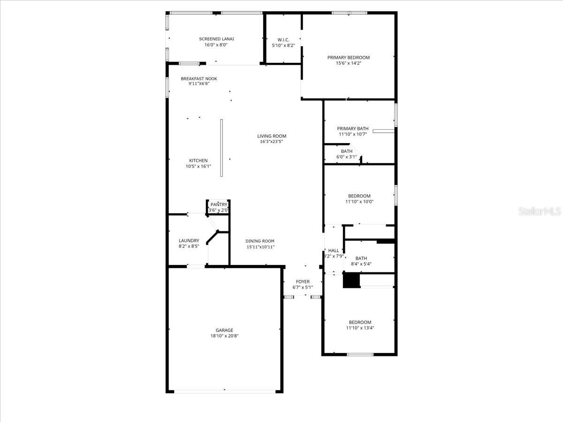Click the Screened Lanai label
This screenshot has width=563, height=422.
pyautogui.click(x=216, y=39)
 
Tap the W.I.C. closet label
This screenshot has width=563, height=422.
pyautogui.click(x=283, y=39)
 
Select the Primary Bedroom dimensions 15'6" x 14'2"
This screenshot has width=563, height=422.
pyautogui.click(x=348, y=63)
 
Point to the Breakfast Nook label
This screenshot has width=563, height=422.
pyautogui.click(x=199, y=79)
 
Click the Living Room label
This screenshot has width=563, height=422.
pyautogui.click(x=272, y=136)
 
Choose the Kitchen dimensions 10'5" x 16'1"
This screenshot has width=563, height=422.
pyautogui.click(x=198, y=166)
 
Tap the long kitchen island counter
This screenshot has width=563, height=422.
pyautogui.click(x=221, y=148)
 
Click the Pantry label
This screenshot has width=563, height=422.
pyautogui.click(x=219, y=204)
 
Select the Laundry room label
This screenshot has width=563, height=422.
pyautogui.click(x=189, y=241)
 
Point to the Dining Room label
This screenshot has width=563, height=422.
pyautogui.click(x=260, y=241)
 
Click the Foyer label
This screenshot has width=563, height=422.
pyautogui.click(x=303, y=282)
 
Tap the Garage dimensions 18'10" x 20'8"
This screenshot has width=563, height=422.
pyautogui.click(x=224, y=336)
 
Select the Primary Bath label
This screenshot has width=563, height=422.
pyautogui.click(x=353, y=128)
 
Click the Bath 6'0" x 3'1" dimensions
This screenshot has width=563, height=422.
pyautogui.click(x=347, y=157)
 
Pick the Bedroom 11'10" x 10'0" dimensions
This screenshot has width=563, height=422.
pyautogui.click(x=359, y=202)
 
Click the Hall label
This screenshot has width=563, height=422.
pyautogui.click(x=334, y=250)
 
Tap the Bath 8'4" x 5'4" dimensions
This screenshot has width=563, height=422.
pyautogui.click(x=361, y=264)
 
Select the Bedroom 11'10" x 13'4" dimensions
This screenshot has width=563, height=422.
pyautogui.click(x=360, y=328)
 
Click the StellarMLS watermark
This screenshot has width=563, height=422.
pyautogui.click(x=539, y=212)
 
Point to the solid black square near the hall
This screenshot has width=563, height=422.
pyautogui.click(x=351, y=280)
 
